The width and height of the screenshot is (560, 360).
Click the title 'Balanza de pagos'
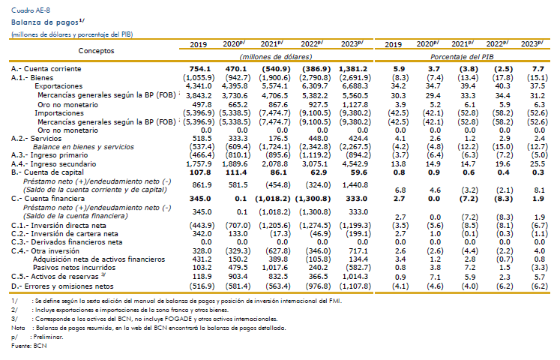point(45,22)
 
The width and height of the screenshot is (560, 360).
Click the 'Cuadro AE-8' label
point(31,10)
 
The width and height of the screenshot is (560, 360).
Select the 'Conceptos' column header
point(96,51)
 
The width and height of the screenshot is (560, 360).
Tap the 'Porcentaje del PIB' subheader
point(462,57)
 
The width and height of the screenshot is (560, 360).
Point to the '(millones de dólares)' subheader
point(276,57)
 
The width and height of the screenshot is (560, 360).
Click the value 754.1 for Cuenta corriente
point(200,69)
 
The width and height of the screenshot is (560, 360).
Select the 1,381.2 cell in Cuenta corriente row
point(353,69)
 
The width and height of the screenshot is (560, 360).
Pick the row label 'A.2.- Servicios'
point(36,139)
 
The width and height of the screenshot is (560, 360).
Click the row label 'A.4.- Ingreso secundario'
point(53,164)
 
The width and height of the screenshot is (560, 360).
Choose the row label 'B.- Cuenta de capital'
point(46,172)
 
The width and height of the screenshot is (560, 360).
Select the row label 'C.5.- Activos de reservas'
point(55,277)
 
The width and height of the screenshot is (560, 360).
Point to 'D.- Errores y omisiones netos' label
point(62,286)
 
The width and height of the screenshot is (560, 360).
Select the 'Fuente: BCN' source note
point(29,346)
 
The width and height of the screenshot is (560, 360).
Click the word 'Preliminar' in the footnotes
point(48,337)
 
